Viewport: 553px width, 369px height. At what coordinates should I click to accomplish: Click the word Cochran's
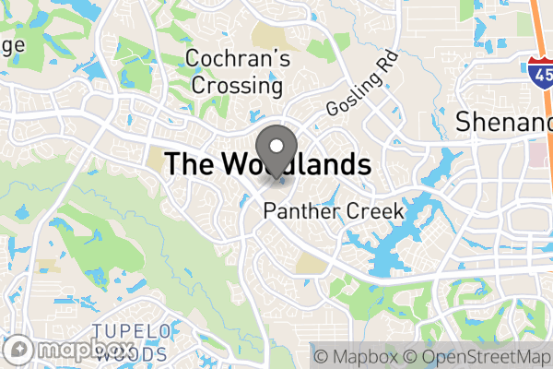(239, 59)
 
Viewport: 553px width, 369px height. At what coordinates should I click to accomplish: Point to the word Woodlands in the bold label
(296, 165)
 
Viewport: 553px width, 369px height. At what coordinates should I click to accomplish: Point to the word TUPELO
(132, 331)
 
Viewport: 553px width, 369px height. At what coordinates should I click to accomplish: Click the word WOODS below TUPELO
(132, 352)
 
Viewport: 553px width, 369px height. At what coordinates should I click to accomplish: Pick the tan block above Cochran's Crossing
(269, 36)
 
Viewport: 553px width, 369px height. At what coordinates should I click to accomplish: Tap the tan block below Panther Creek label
(313, 266)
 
